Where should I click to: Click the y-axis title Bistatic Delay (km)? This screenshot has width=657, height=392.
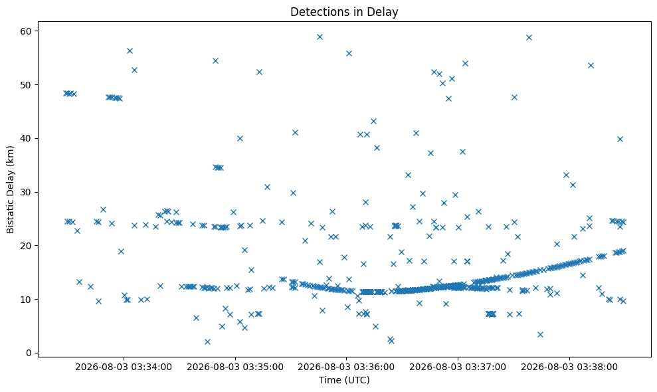coord(10,189)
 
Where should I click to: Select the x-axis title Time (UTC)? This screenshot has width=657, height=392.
coord(344,380)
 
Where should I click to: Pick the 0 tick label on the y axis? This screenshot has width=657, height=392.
coord(29,353)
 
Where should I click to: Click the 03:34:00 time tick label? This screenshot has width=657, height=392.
coord(124,367)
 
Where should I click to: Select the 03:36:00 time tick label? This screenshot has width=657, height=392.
coord(346,367)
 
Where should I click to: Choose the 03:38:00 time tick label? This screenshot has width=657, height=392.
coord(569,367)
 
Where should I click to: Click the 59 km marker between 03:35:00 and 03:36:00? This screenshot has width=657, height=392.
coord(320,37)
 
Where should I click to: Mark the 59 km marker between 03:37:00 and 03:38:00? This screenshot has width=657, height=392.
coord(529,37)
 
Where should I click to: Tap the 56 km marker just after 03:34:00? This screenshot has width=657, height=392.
coord(130,50)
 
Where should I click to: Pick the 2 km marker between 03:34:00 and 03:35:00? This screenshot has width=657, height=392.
coord(207,342)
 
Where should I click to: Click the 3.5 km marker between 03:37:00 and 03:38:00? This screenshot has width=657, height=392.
coord(540,334)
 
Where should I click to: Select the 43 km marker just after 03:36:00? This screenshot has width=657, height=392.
coord(373,121)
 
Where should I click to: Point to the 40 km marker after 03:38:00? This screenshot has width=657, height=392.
coord(620,139)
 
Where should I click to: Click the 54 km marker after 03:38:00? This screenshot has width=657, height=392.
coord(591,65)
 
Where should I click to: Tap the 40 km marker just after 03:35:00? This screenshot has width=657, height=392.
coord(240,138)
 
